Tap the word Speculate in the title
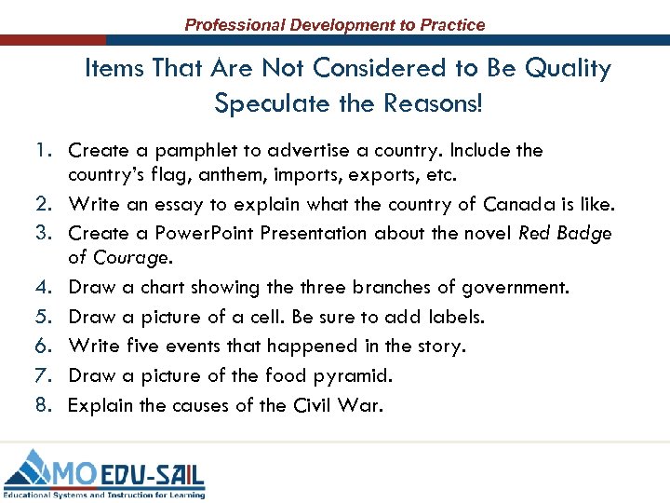(x=263, y=102)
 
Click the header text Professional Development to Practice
(x=335, y=25)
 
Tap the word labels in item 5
(x=454, y=317)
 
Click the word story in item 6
(x=439, y=346)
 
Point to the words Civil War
(x=344, y=405)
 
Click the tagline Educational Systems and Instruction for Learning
(x=103, y=493)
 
